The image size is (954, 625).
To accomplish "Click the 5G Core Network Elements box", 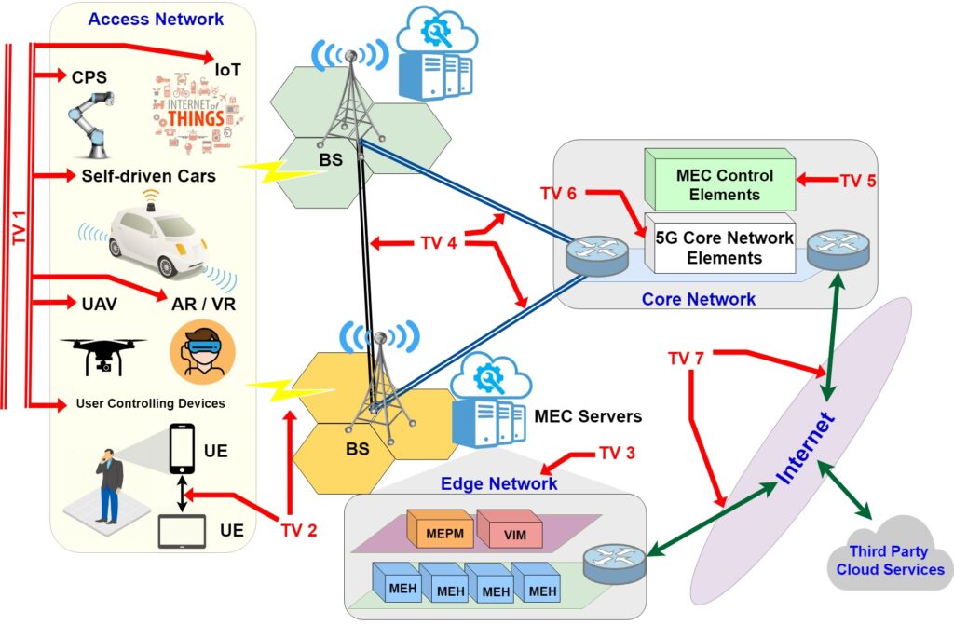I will point(725,247).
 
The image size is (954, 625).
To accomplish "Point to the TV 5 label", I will point(858,180).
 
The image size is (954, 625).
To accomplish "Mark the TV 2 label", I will point(299,531).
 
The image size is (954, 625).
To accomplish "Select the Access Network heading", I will point(156,19).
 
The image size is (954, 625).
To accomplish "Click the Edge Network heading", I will point(499,483).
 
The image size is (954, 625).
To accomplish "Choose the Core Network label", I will point(699,299).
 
